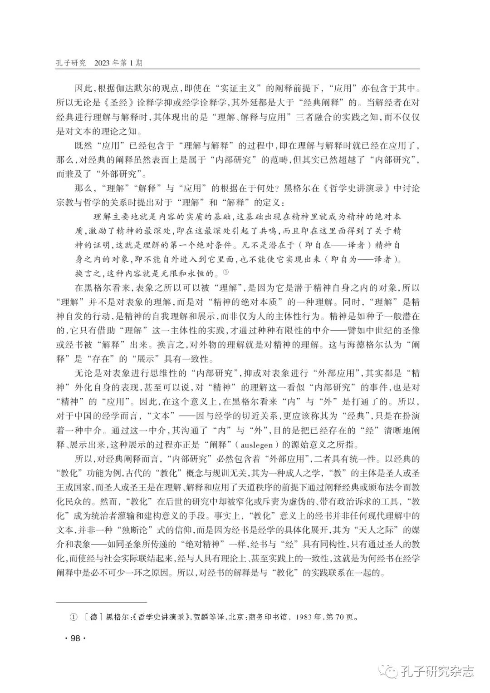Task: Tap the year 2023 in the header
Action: click(104, 63)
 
